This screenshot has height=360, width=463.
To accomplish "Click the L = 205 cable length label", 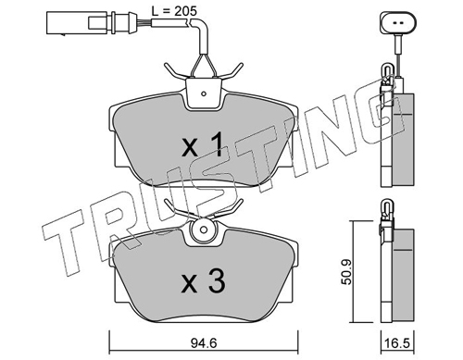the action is pyautogui.click(x=174, y=12).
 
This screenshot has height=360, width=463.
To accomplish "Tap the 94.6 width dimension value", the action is pyautogui.click(x=204, y=343).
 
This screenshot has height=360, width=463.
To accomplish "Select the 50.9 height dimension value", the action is pyautogui.click(x=347, y=272).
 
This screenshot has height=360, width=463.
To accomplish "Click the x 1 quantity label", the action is pyautogui.click(x=202, y=144).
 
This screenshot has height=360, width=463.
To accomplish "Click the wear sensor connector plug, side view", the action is pyautogui.click(x=92, y=23).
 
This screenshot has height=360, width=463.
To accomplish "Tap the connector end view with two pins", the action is pyautogui.click(x=398, y=22).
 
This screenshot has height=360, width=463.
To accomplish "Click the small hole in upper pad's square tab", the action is pyautogui.click(x=203, y=93).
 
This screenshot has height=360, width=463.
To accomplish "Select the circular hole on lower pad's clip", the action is pyautogui.click(x=203, y=230).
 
